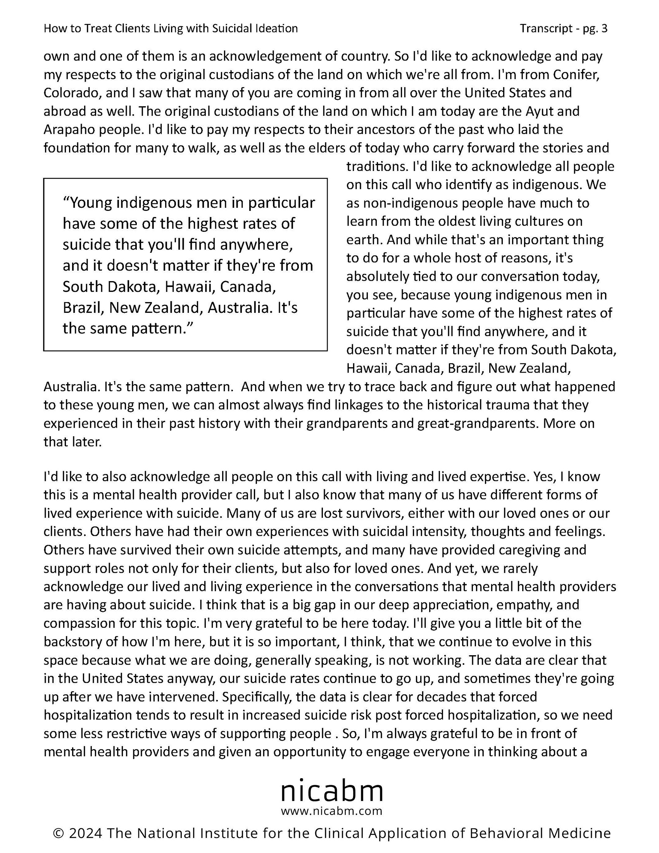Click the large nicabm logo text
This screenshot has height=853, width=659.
click(332, 791)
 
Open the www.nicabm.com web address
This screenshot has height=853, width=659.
click(332, 811)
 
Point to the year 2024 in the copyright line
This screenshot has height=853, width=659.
click(86, 833)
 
